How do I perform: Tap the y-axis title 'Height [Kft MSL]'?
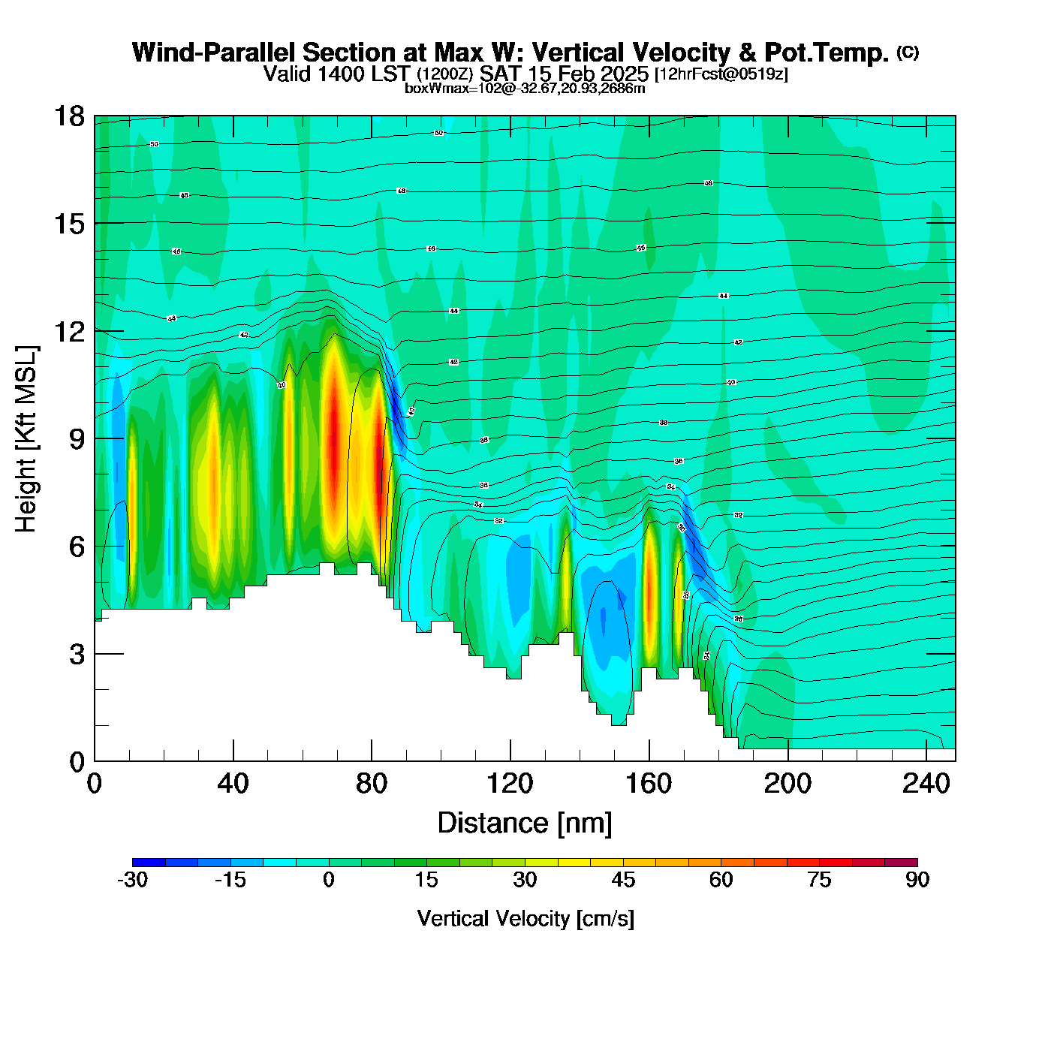point(26,439)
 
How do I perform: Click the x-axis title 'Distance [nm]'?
point(525,824)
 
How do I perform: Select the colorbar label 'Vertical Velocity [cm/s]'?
point(525,918)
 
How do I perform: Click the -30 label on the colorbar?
point(132,880)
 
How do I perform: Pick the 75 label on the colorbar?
point(819,880)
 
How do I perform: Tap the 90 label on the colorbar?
point(917,880)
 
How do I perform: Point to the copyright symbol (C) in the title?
point(908,52)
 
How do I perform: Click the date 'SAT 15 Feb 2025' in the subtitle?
point(564,74)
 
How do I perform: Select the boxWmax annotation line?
point(525,88)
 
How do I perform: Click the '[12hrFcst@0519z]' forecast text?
point(721,74)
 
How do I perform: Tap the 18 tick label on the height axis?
point(69,116)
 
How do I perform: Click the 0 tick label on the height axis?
point(77,762)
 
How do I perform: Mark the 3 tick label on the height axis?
point(77,655)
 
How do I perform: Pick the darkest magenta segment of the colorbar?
point(901,862)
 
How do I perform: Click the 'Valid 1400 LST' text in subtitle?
point(336,74)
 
